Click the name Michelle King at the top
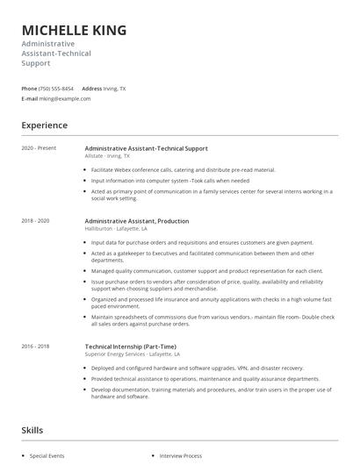click(x=74, y=30)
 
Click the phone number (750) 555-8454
click(x=58, y=89)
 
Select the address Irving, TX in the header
click(x=115, y=89)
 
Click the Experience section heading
click(x=44, y=125)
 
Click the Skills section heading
click(x=33, y=430)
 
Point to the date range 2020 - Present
click(x=39, y=148)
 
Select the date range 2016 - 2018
click(x=35, y=346)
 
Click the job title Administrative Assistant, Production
click(x=136, y=221)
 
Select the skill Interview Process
click(x=180, y=456)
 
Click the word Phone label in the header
click(x=29, y=89)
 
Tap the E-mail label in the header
click(x=30, y=98)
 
